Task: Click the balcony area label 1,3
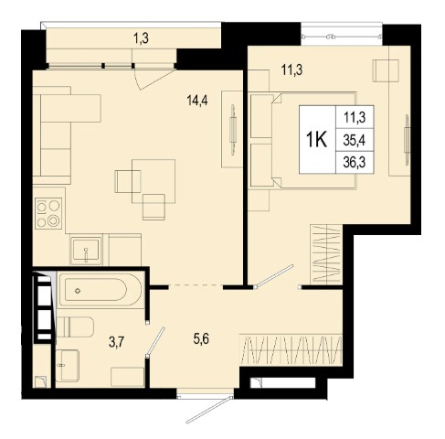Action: click(141, 38)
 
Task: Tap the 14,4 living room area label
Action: click(197, 100)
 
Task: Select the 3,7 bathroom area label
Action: click(117, 342)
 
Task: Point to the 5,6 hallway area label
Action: click(201, 338)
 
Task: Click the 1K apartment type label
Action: click(317, 140)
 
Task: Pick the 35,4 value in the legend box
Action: click(355, 140)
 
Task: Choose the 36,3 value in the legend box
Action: click(355, 162)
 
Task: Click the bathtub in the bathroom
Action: click(100, 290)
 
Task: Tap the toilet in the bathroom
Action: click(75, 327)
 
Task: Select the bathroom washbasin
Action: click(68, 365)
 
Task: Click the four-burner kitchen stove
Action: click(48, 213)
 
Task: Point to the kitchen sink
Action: click(86, 250)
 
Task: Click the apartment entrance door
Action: click(209, 409)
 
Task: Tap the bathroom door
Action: click(155, 342)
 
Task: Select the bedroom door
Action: click(274, 276)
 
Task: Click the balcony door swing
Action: click(153, 79)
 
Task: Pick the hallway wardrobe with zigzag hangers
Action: click(291, 349)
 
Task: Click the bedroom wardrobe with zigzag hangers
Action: click(325, 253)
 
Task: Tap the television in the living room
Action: click(233, 130)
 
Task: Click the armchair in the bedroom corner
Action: click(386, 70)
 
